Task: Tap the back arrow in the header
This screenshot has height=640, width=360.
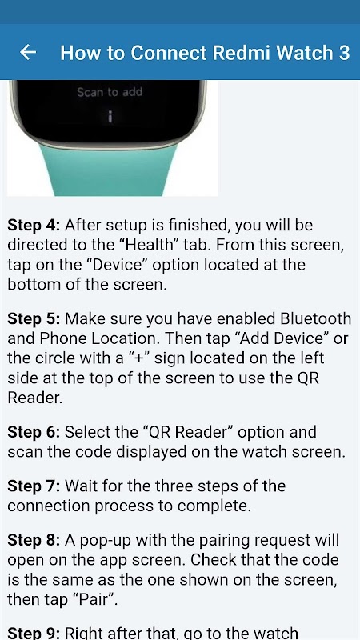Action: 28,52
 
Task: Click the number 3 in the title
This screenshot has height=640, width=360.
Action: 344,53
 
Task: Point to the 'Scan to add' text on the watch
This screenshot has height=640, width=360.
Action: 110,92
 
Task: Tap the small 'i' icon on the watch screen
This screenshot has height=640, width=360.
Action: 110,117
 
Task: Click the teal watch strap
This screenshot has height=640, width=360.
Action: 109,170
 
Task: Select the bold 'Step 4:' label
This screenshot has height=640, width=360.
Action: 34,225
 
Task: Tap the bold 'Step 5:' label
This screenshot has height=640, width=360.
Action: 34,318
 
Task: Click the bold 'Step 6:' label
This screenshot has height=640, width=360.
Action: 34,432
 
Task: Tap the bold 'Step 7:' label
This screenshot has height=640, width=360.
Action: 34,486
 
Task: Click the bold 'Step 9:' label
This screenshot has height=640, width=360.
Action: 34,634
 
